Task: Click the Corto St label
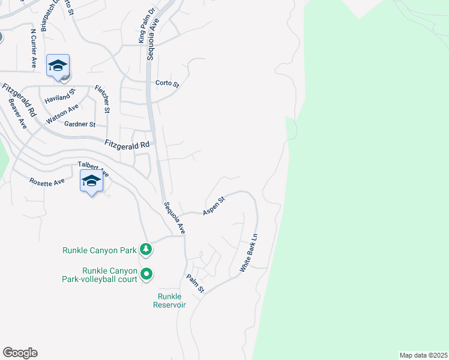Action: (167, 84)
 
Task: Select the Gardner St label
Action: (84, 124)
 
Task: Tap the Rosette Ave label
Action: (47, 181)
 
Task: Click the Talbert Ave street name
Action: (93, 169)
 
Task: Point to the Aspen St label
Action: (213, 206)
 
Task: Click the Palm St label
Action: (196, 284)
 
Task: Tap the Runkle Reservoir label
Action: (172, 301)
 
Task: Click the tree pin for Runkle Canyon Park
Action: (145, 248)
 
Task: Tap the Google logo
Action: (20, 353)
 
